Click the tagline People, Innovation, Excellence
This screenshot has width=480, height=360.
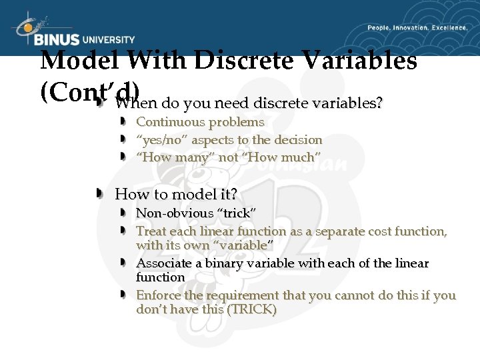417,28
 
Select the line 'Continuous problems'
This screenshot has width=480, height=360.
200,122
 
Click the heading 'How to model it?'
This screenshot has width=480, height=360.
176,194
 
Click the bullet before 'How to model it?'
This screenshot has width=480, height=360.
99,194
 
